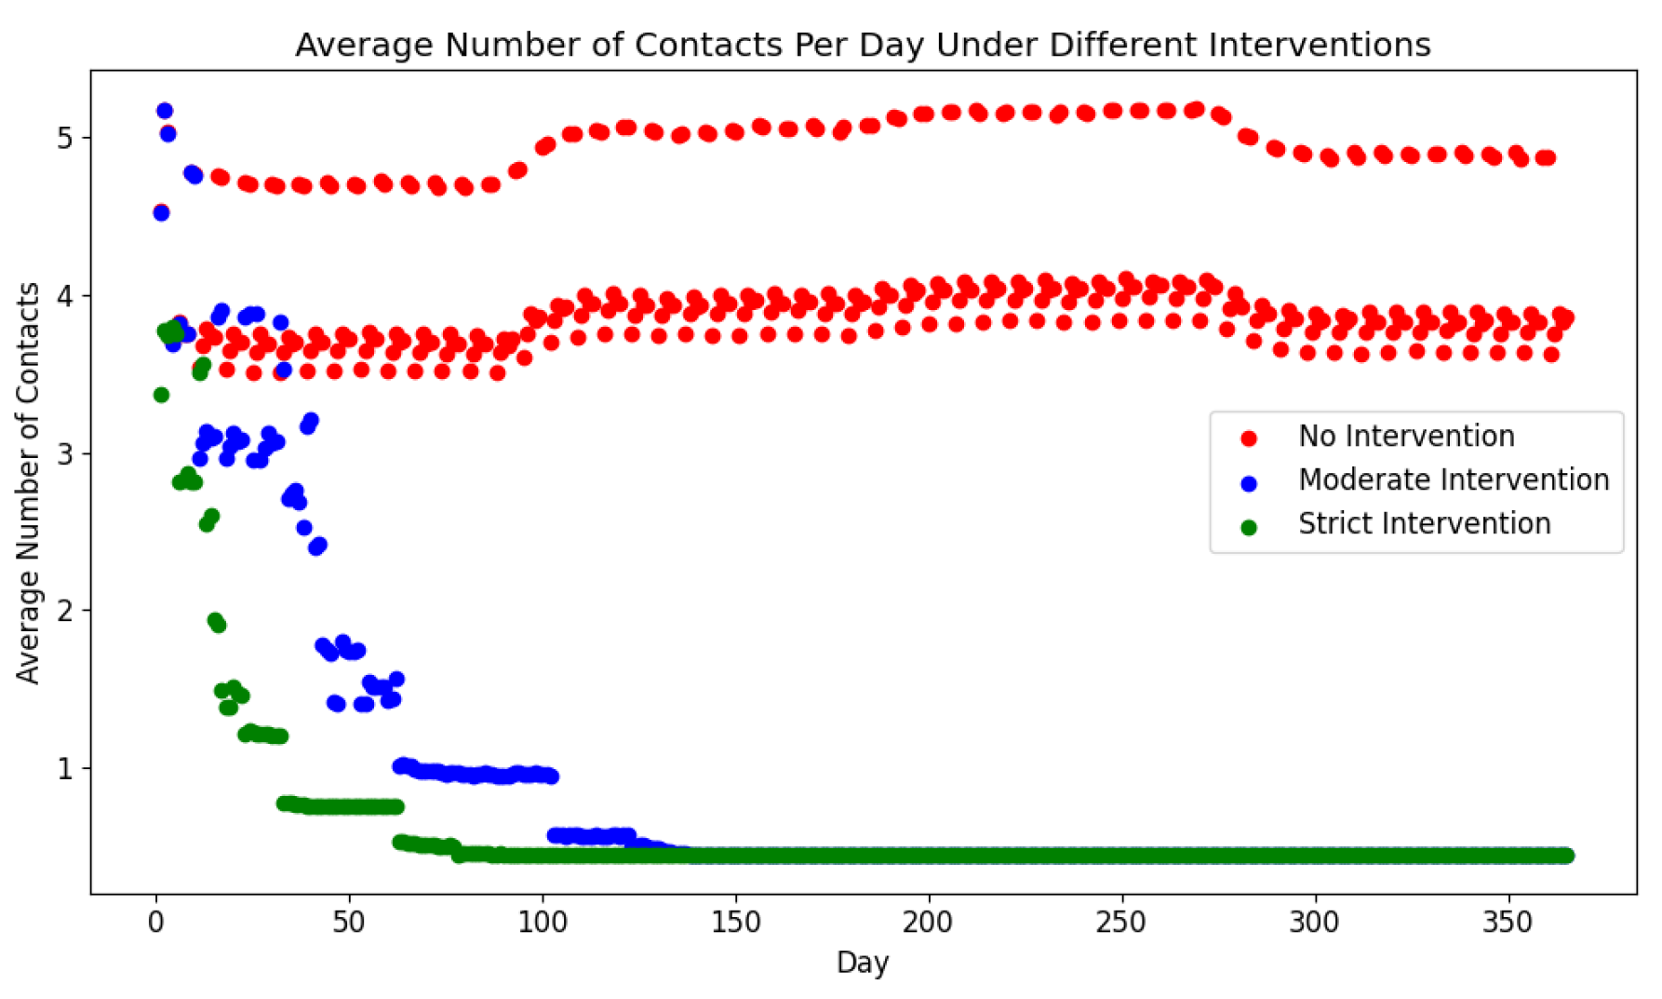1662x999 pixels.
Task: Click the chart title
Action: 863,45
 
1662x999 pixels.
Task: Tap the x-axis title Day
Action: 863,963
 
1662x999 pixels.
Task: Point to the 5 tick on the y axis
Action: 64,139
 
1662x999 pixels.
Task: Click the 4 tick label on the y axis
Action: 64,296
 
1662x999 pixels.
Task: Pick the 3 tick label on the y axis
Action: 64,454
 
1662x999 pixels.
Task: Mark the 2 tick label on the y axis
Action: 64,612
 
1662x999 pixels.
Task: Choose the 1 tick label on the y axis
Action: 64,769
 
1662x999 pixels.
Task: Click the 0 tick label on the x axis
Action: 156,923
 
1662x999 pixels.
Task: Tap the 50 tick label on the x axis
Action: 349,923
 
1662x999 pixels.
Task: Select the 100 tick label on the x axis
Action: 543,923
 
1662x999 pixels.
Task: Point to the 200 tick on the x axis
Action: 929,923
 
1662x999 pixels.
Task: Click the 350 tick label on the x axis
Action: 1508,923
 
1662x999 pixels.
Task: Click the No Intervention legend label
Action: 1406,437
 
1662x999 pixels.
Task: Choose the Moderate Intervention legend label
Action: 1454,480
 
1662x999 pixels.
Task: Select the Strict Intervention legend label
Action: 1424,524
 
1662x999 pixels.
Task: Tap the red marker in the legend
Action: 1249,439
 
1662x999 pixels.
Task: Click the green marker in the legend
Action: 1249,528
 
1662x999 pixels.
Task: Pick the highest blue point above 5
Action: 165,111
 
